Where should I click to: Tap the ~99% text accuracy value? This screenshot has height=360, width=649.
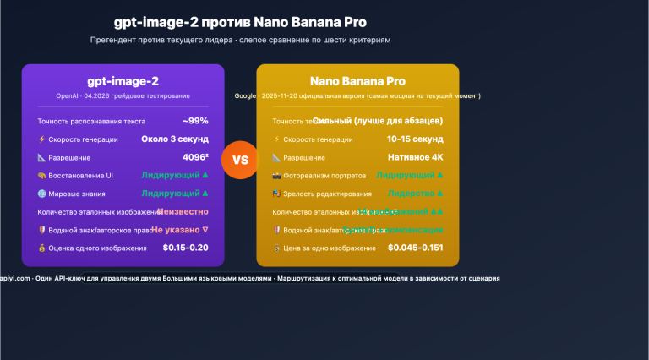195,121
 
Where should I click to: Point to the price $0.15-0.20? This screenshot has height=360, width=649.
185,248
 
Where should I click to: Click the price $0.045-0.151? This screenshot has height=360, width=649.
416,248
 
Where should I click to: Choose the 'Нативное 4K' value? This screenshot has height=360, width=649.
416,157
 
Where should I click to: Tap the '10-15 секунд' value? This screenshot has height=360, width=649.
415,139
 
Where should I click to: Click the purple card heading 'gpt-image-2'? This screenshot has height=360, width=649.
123,82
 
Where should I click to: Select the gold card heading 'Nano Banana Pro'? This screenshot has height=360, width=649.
357,82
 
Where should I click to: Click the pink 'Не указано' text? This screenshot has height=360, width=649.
179,229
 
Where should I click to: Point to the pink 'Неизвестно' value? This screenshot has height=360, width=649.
181,211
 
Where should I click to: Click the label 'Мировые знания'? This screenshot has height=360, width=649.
77,194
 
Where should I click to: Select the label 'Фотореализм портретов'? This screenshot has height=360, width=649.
324,176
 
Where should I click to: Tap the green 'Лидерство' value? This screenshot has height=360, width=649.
410,194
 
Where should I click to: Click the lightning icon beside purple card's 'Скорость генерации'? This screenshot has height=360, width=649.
41,139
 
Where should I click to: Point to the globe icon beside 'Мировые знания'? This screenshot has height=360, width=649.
41,194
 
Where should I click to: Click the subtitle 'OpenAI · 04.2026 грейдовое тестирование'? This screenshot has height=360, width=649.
123,96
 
